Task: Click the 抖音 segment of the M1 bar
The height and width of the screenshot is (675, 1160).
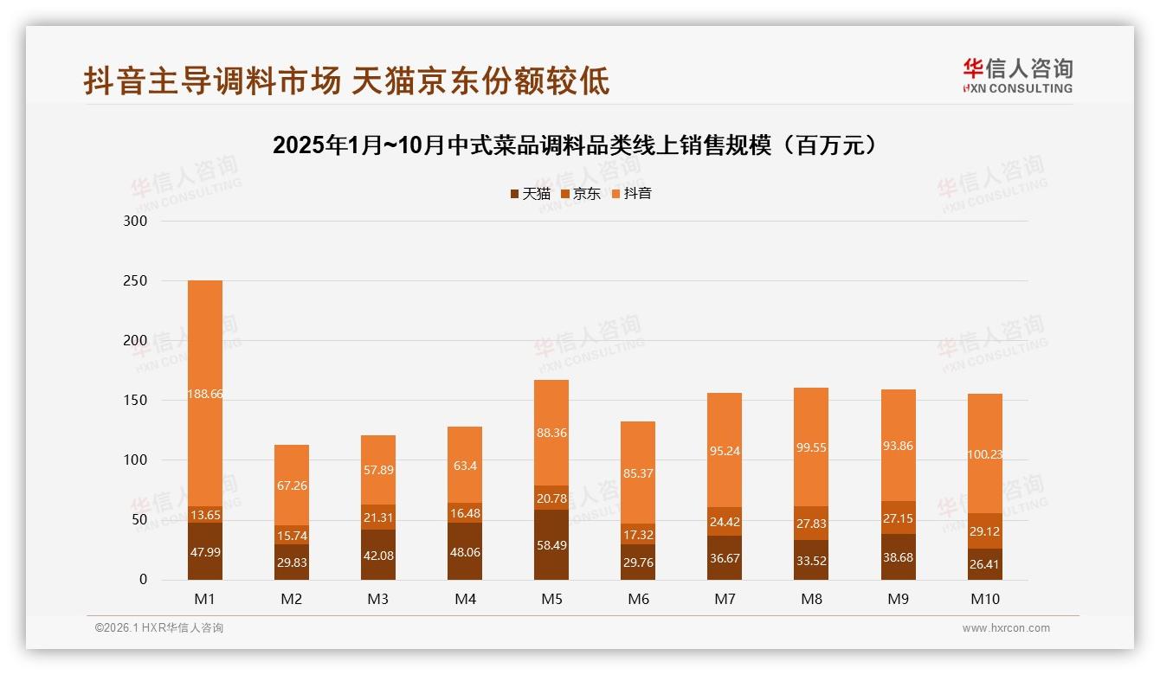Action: [x=205, y=394]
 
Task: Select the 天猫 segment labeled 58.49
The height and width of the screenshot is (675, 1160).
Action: [x=551, y=544]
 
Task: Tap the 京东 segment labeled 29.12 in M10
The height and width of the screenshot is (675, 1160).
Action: [x=984, y=530]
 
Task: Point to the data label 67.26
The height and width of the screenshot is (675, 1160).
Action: [x=292, y=485]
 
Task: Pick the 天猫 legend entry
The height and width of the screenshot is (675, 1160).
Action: [x=530, y=194]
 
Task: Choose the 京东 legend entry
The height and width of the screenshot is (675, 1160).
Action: [x=581, y=194]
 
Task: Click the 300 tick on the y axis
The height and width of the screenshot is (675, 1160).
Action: [x=137, y=221]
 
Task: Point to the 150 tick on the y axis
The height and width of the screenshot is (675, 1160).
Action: [x=137, y=401]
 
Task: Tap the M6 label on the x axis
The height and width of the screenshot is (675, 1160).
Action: [x=638, y=599]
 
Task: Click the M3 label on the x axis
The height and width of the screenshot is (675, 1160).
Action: [x=378, y=599]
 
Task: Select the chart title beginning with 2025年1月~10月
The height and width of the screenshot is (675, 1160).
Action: [x=579, y=145]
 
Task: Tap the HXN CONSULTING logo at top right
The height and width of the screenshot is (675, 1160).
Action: [x=1017, y=76]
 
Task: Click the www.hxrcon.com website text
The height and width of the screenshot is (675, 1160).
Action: [x=1006, y=628]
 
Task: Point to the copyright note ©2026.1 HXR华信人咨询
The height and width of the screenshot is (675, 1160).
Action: [x=158, y=628]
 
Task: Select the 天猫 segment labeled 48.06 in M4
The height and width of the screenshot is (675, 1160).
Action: [x=465, y=551]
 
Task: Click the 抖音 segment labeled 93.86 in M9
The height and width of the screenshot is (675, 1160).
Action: [x=898, y=446]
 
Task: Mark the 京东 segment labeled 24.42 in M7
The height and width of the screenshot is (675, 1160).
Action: [x=725, y=521]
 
